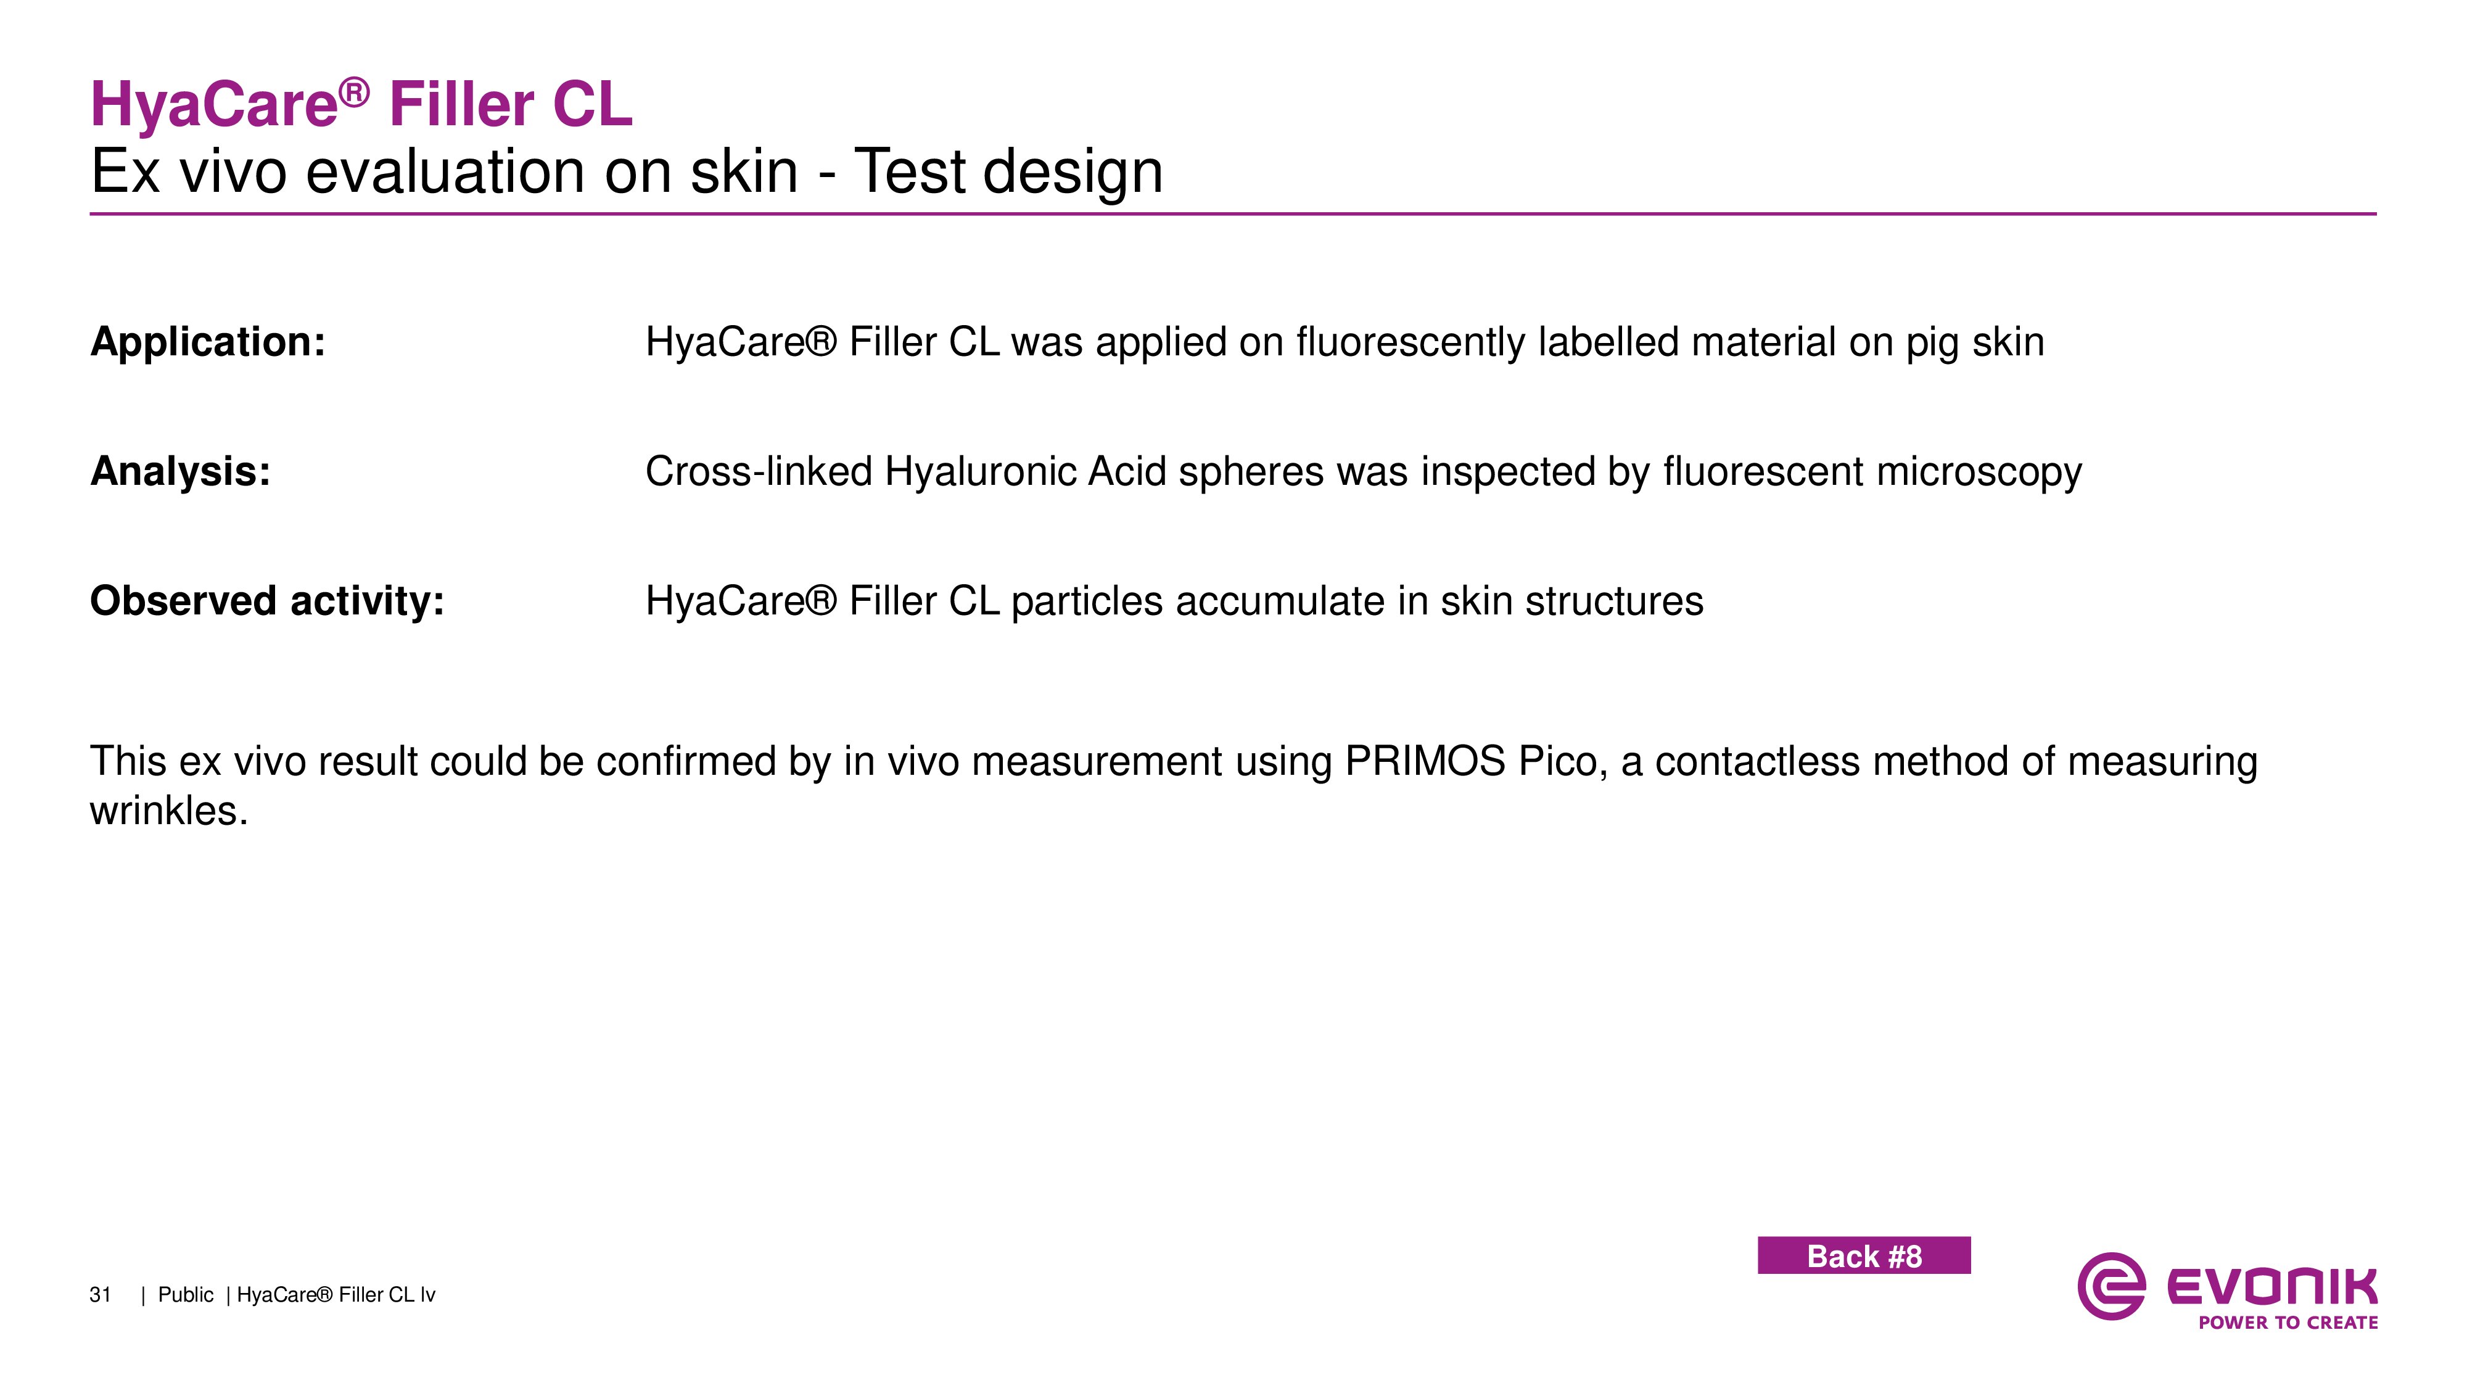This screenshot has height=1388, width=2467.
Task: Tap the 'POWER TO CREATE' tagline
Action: point(2288,1323)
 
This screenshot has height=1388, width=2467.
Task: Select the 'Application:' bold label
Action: point(208,342)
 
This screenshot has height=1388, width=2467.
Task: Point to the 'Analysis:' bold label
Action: point(180,471)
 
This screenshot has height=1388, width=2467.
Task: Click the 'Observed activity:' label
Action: point(267,601)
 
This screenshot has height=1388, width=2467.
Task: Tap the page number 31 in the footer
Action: point(101,1295)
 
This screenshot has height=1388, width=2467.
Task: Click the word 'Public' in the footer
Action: point(186,1295)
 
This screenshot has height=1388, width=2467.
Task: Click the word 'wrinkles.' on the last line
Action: point(168,811)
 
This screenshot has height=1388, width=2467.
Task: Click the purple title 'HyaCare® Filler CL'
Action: point(361,104)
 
